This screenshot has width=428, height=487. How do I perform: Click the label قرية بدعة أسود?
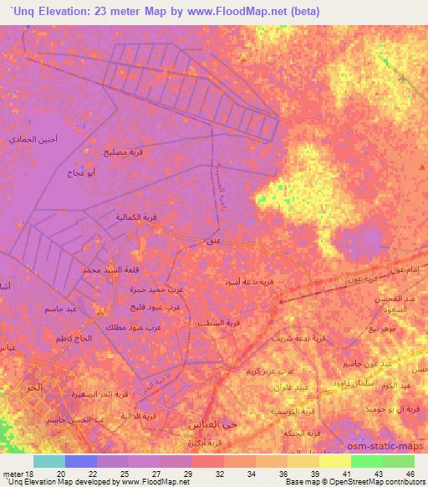pos(252,282)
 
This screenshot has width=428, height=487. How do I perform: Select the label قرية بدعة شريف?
pos(291,338)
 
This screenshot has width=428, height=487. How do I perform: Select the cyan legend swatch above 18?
pos(49,461)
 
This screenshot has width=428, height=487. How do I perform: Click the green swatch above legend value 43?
pos(366,461)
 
